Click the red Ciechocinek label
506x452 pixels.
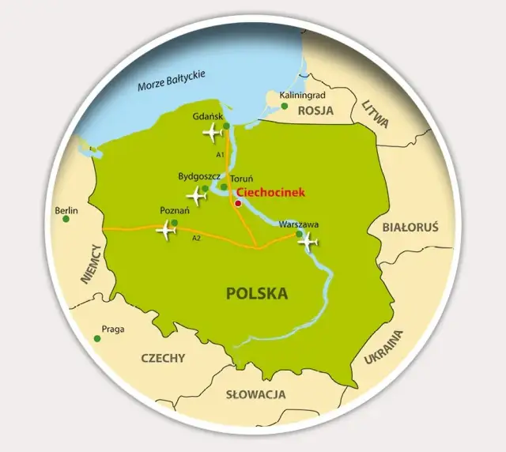[x=270, y=192]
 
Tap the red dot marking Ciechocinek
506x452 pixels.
[x=238, y=203]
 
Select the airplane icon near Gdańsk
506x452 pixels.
[x=212, y=132]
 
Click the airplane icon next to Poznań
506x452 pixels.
[x=166, y=231]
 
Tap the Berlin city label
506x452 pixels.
[x=67, y=210]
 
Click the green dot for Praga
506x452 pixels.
[x=97, y=338]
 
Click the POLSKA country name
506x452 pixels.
[x=257, y=294]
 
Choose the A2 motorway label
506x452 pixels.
[x=196, y=238]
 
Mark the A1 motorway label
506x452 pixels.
[x=220, y=155]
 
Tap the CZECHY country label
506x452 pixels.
[x=163, y=357]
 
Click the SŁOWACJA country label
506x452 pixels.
[x=255, y=394]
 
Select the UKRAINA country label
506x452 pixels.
[x=383, y=346]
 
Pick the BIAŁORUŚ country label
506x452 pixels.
[x=410, y=227]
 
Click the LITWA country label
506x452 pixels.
[x=375, y=115]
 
